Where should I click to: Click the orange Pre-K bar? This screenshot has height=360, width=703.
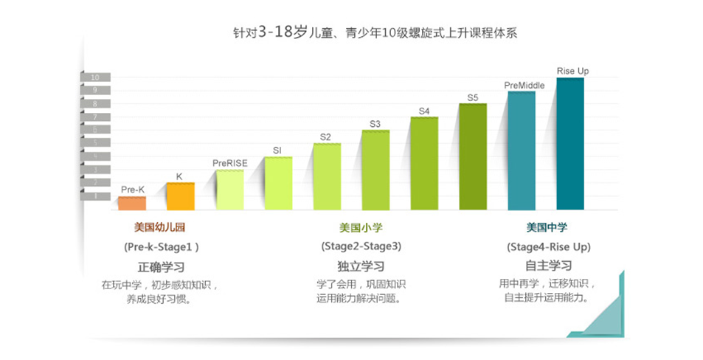[132, 203]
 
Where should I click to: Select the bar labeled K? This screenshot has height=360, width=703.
[180, 196]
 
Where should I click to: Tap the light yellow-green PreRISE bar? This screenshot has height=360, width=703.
[229, 190]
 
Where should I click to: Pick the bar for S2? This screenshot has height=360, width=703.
[327, 177]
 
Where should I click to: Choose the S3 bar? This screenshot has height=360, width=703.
[375, 170]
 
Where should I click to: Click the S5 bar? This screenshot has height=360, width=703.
[473, 157]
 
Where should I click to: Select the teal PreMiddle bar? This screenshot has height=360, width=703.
[522, 150]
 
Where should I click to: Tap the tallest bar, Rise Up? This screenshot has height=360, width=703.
[570, 144]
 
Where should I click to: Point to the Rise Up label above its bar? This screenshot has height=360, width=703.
[572, 71]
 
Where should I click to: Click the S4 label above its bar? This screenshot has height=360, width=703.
[424, 111]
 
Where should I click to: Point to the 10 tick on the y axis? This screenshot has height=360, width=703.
[95, 77]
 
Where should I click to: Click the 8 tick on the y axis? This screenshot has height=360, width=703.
[95, 104]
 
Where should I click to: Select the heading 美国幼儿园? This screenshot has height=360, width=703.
[160, 227]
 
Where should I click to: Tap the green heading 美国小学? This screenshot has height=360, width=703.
[361, 227]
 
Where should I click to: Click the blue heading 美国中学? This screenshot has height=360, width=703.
[547, 227]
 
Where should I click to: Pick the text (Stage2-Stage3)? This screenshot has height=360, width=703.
[361, 246]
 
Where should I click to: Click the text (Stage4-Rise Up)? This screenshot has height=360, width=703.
[549, 246]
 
